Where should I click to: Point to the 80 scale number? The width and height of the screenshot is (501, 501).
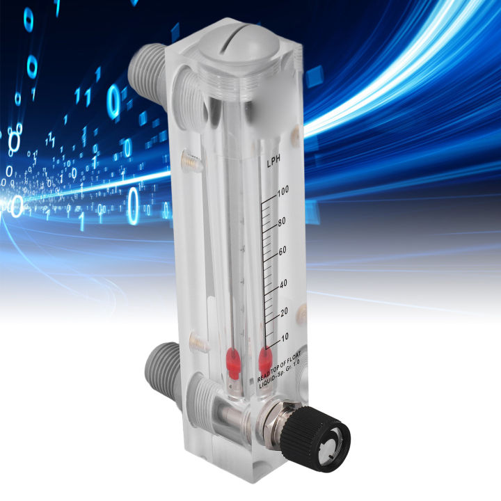pyautogui.click(x=282, y=223)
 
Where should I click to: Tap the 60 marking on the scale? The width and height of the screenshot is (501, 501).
pyautogui.click(x=283, y=251)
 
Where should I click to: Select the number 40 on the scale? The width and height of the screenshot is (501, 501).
pyautogui.click(x=283, y=283)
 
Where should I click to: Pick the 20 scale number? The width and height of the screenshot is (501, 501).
pyautogui.click(x=283, y=312)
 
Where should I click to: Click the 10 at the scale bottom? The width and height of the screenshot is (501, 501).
pyautogui.click(x=284, y=337)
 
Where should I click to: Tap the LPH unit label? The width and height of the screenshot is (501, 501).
pyautogui.click(x=273, y=164)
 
